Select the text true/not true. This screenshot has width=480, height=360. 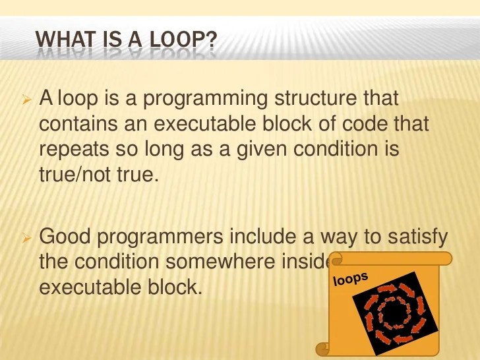[100, 174]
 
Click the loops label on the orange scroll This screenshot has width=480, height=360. [351, 279]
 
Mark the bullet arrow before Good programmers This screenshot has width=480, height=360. [27, 237]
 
